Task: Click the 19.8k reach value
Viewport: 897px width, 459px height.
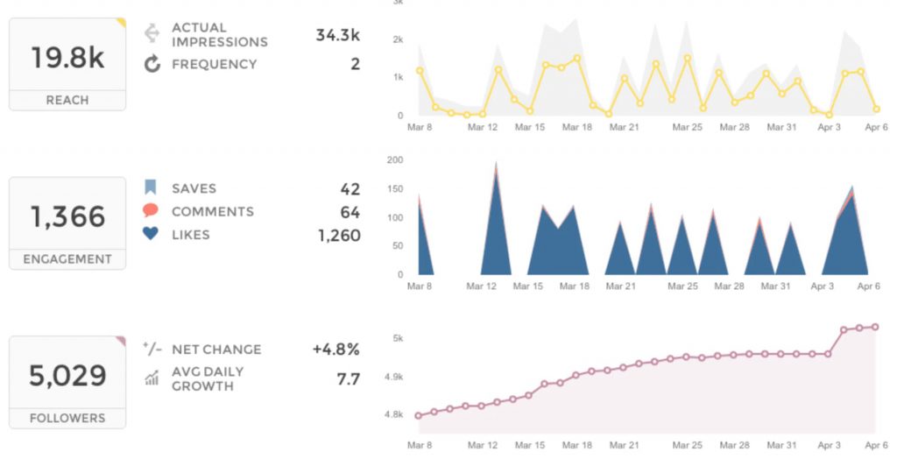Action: (67, 58)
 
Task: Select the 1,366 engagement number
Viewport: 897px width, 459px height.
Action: (67, 216)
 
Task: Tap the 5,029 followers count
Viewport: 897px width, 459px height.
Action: (67, 376)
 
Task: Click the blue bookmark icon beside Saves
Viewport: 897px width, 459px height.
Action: (151, 187)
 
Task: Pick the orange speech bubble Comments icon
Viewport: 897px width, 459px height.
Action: (151, 211)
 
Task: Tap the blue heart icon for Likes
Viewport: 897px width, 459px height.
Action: (151, 235)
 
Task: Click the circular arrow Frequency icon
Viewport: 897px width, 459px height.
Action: (152, 64)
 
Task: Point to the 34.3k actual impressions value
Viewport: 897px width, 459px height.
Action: (337, 35)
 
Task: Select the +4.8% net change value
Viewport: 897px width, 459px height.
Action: (335, 349)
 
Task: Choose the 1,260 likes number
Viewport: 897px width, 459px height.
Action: (338, 235)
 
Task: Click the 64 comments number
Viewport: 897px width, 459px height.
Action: (350, 212)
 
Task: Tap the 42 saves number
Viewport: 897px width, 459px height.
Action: (350, 188)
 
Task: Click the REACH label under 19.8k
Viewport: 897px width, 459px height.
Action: (67, 100)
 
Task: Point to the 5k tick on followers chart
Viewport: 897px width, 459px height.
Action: (397, 338)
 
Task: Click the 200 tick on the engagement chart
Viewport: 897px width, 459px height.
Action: (394, 160)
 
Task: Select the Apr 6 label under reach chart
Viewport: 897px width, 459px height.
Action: (875, 128)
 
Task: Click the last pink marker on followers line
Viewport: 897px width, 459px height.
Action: (875, 327)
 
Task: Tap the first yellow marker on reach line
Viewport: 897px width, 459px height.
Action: (420, 71)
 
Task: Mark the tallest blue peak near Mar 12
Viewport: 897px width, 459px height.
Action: (497, 164)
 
